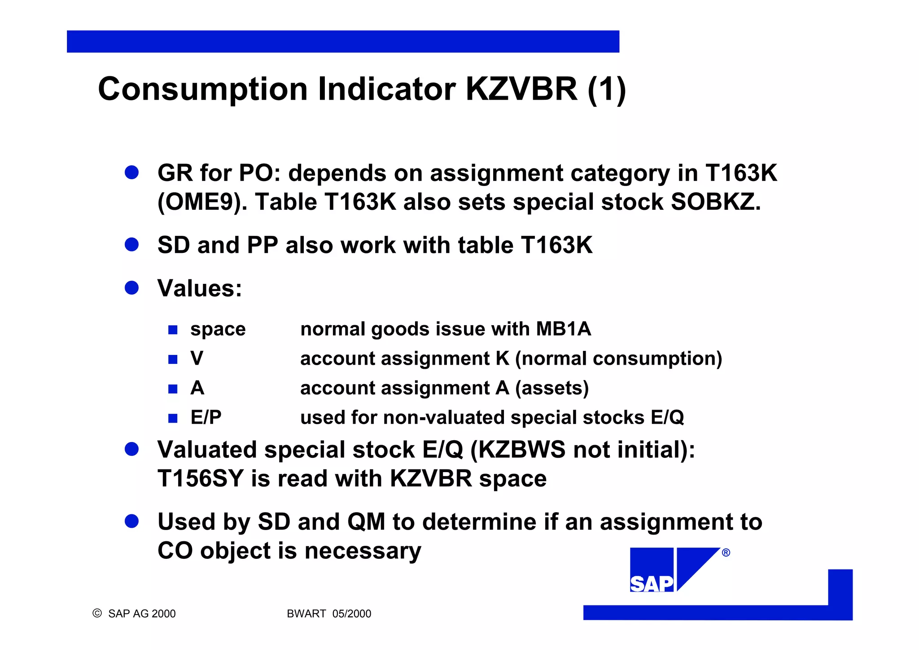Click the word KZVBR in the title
pos(521,89)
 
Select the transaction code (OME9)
pos(202,202)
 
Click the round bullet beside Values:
pos(131,287)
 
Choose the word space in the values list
pos(218,329)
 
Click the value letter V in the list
pos(197,358)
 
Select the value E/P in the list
pos(206,417)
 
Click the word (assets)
pos(552,388)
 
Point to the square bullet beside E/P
pos(173,418)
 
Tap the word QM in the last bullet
pos(366,522)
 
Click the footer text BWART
pos(306,614)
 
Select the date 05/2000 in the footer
pos(352,614)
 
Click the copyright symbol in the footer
pos(97,613)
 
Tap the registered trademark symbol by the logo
pos(726,553)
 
